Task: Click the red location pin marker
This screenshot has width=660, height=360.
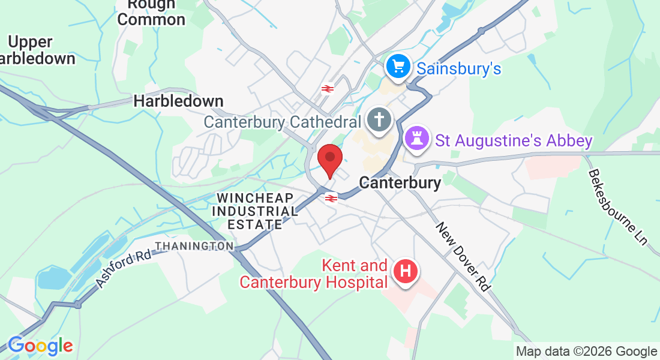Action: click(x=329, y=158)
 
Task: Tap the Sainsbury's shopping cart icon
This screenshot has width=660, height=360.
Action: click(x=397, y=67)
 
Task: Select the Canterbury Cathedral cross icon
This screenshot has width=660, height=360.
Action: click(x=379, y=119)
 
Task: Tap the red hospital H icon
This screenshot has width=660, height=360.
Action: click(x=406, y=271)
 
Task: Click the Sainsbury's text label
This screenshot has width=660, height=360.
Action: click(x=458, y=68)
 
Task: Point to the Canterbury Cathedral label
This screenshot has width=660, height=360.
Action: click(x=282, y=122)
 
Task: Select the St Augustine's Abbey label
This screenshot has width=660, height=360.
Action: click(x=514, y=141)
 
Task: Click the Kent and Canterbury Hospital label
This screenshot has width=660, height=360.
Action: click(x=313, y=274)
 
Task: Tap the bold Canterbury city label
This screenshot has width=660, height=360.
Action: click(x=400, y=182)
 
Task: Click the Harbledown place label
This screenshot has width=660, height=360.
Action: click(x=178, y=101)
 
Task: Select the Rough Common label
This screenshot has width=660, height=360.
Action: click(x=151, y=12)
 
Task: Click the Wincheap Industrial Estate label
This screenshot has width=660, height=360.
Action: click(x=255, y=211)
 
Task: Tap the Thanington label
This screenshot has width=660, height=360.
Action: click(x=194, y=246)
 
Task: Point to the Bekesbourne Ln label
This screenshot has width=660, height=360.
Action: click(x=617, y=207)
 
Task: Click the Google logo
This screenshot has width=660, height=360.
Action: click(x=40, y=346)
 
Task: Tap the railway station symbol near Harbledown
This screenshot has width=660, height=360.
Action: click(x=327, y=89)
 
